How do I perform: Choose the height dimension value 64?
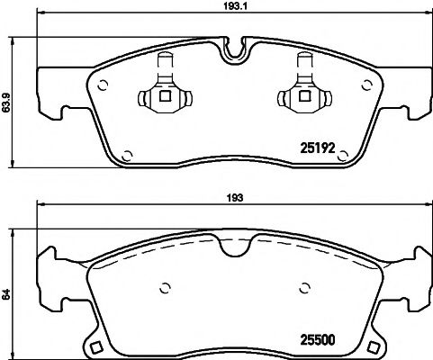(x=7, y=292)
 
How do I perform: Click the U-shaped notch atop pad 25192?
(x=234, y=47)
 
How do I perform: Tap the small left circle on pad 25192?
(x=103, y=86)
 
